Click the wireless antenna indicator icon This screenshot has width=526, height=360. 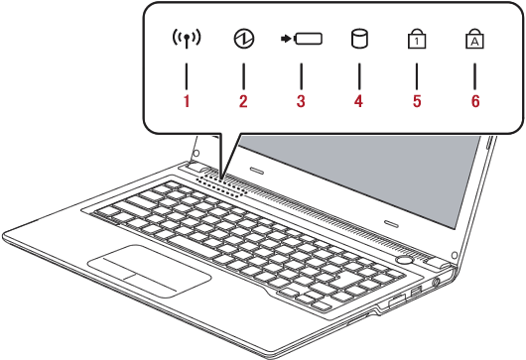tap(187, 38)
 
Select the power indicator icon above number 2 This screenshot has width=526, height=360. tap(244, 39)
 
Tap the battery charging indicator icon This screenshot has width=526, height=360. tap(302, 39)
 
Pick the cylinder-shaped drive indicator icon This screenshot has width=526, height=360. tap(359, 39)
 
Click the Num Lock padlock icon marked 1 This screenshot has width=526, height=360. tap(417, 39)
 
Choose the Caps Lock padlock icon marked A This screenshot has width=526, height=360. tap(474, 39)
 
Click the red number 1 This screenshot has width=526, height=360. tap(187, 101)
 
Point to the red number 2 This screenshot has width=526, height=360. tap(243, 101)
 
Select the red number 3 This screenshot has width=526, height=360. tap(301, 101)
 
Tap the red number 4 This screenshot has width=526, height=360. tap(358, 101)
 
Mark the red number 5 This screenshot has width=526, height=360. tap(417, 101)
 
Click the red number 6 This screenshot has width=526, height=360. tap(475, 101)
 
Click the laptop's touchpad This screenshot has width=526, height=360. tap(149, 271)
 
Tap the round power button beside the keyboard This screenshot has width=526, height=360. tap(405, 260)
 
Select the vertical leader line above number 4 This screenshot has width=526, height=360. tap(359, 76)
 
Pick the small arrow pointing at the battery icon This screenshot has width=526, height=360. tap(286, 39)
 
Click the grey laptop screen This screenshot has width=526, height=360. tap(362, 175)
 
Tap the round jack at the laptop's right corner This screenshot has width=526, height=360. tap(436, 283)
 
